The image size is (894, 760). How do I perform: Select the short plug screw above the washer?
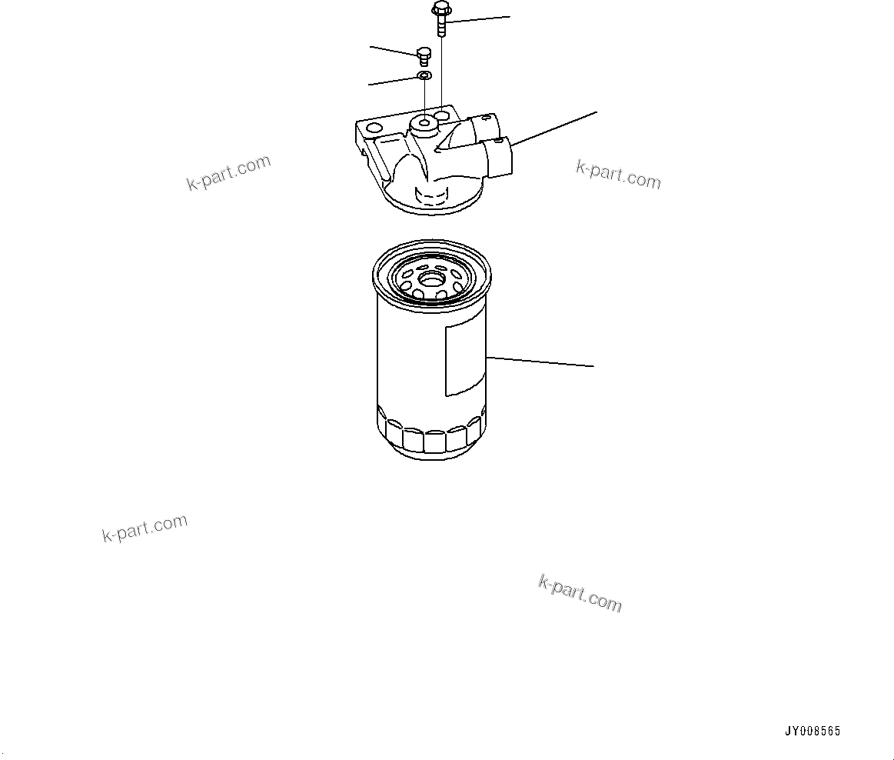pyautogui.click(x=423, y=54)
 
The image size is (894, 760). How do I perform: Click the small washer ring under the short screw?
pyautogui.click(x=424, y=75)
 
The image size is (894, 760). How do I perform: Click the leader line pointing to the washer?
pyautogui.click(x=393, y=81)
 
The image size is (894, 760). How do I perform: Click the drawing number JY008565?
pyautogui.click(x=812, y=732)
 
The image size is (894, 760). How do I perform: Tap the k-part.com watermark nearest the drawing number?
pyautogui.click(x=580, y=593)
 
